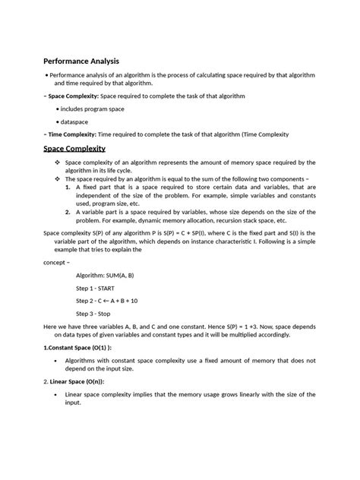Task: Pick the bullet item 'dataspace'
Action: [x=77, y=122]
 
